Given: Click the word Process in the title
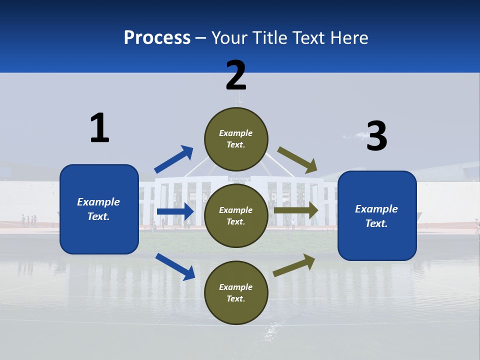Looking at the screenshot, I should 157,38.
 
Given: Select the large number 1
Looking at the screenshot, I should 99,128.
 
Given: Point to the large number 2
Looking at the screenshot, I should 236,75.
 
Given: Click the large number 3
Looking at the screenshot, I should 376,136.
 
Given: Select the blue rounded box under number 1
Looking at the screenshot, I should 99,209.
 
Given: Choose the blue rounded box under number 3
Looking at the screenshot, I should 377,216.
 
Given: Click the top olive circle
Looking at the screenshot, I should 236,139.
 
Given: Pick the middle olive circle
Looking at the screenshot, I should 236,215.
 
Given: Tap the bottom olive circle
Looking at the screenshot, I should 236,292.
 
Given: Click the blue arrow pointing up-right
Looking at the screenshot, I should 174,160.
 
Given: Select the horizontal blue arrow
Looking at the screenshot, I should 175,211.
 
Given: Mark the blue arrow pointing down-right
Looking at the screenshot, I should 175,266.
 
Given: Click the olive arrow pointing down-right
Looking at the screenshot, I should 297,160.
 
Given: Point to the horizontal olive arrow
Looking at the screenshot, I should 296,210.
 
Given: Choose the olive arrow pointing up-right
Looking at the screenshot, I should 294,265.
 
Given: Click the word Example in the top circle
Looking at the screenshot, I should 236,133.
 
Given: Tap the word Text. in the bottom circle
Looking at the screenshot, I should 236,298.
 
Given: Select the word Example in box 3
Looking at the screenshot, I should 376,209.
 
